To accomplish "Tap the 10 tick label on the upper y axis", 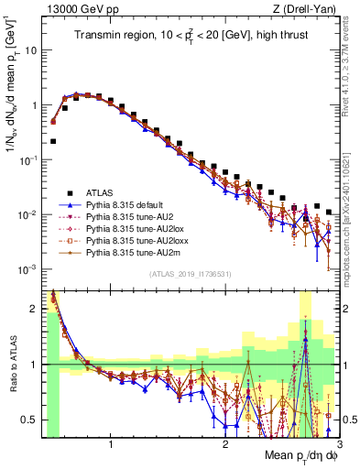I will pos(32,50).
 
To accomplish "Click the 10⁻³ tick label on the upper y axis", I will pos(29,268).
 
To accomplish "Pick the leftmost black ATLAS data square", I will pos(54,141).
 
